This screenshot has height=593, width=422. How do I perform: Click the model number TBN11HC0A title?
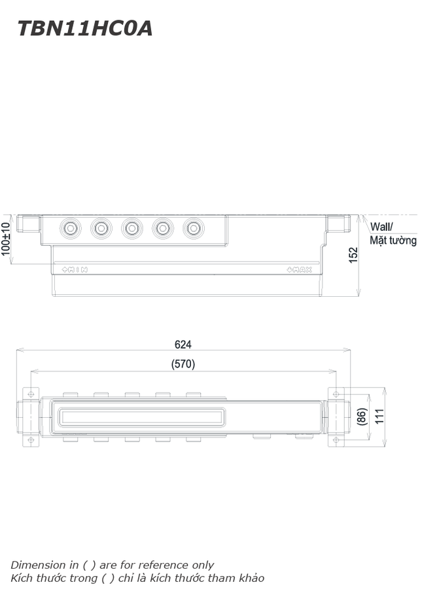[85, 28]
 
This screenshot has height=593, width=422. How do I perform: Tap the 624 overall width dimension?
[183, 345]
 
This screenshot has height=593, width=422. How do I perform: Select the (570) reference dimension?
[183, 364]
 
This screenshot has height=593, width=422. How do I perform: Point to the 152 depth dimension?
[353, 255]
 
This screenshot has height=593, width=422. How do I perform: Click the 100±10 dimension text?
[5, 239]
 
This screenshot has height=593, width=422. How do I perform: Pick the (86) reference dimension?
[362, 416]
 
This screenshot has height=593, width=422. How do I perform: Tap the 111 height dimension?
[379, 416]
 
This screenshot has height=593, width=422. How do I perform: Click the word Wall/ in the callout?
[381, 226]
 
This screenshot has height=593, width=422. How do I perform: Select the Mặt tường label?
[393, 240]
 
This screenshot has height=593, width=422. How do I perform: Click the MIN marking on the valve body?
[75, 269]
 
